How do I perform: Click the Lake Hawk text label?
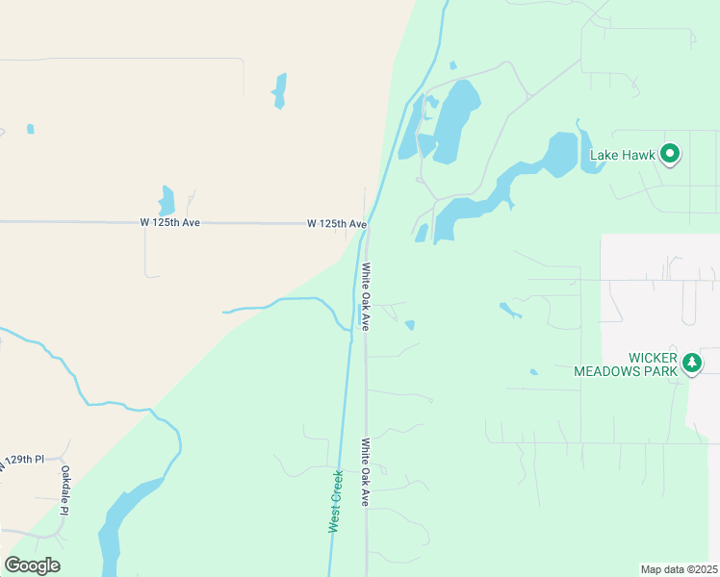622,154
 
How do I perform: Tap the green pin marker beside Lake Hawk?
670,153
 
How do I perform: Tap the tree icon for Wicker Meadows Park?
691,364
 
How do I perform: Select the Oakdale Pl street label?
65,490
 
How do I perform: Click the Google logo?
33,564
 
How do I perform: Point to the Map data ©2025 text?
678,568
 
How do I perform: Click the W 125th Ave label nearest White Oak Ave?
337,224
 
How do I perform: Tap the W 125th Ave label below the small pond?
169,222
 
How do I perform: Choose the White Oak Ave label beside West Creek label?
366,473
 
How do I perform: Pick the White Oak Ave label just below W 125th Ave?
366,296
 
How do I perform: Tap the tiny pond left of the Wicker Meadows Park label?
533,371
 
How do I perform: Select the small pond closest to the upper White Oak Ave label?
410,325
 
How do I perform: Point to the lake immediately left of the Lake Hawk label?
560,154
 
